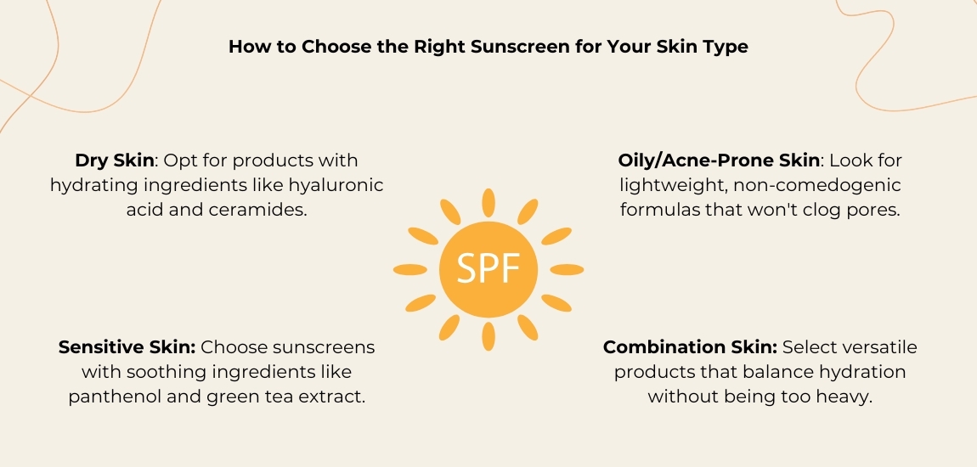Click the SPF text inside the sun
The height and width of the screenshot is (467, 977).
point(488,269)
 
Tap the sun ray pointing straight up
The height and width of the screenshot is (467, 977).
point(488,203)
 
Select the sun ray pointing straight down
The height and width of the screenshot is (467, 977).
point(488,336)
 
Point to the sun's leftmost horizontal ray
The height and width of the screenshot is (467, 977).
point(410,269)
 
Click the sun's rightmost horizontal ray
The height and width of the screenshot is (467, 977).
point(567,269)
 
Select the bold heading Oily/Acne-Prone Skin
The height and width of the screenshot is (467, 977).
point(719,160)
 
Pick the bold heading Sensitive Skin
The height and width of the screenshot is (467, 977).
point(127,347)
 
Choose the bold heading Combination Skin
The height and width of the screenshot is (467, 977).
point(689,347)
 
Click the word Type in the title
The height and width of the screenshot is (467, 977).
point(728,47)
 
